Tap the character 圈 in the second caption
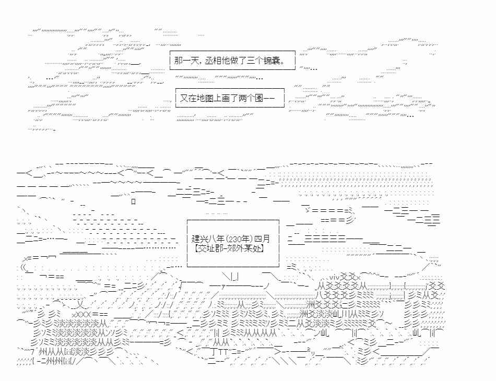pyautogui.click(x=259, y=98)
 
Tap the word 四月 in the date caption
pyautogui.click(x=262, y=239)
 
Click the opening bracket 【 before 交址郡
pyautogui.click(x=197, y=248)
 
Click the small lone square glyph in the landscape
pyautogui.click(x=134, y=201)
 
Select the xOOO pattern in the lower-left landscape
pyautogui.click(x=81, y=315)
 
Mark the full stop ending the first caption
pyautogui.click(x=283, y=63)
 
